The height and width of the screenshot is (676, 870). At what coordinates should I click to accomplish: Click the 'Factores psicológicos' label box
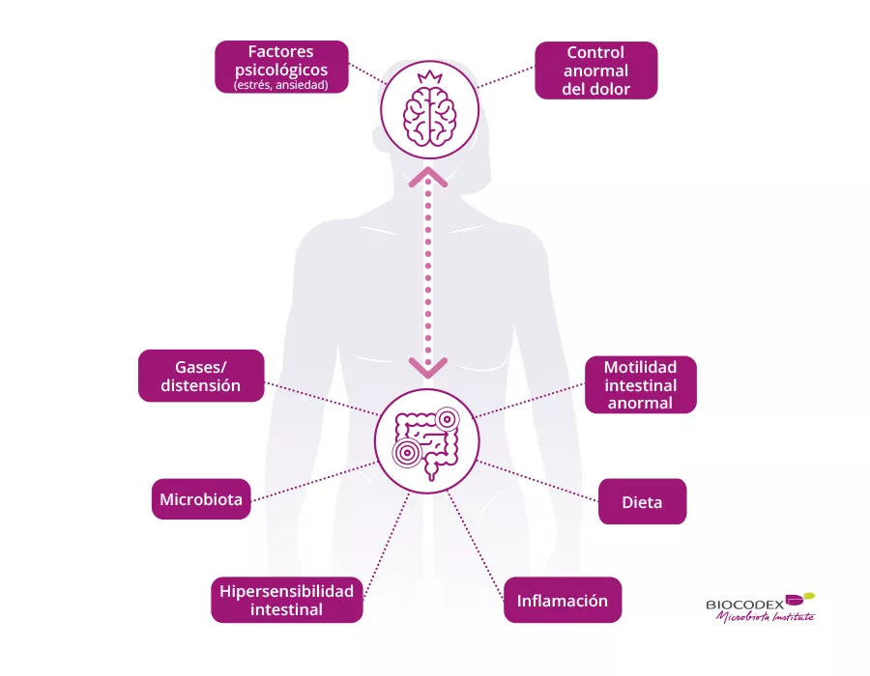tap(281, 67)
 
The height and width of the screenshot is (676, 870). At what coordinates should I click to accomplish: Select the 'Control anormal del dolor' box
tap(595, 70)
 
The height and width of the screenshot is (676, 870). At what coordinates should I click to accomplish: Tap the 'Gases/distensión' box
tap(201, 376)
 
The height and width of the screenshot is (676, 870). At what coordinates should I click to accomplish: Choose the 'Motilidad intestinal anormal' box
tap(640, 384)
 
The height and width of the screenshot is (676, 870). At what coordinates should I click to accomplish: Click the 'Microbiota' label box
tap(201, 499)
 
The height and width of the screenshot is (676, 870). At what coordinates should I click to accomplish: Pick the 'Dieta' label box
tap(642, 502)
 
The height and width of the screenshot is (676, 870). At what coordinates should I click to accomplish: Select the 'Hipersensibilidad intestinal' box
tap(286, 600)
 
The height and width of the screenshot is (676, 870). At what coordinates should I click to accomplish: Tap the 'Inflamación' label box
tap(563, 601)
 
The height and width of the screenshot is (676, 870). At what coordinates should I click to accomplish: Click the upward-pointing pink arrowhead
tap(427, 177)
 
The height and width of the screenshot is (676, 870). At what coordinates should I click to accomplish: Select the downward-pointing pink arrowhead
tap(427, 367)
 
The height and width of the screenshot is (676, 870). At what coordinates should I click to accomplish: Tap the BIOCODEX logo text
tap(745, 605)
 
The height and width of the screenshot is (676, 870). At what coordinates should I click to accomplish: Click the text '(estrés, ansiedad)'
tap(281, 86)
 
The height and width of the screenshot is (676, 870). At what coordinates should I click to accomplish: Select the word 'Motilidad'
tap(640, 367)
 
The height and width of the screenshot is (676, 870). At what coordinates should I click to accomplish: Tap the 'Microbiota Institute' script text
tap(765, 618)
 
